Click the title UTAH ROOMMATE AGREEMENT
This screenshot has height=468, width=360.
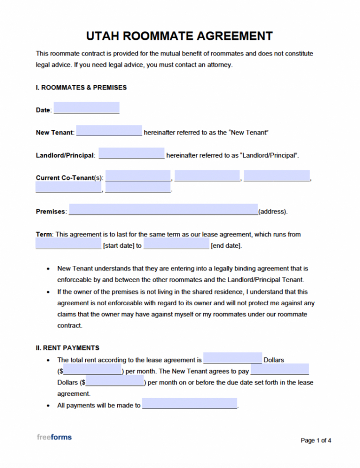[x=179, y=36]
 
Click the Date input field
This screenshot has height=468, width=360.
[x=86, y=108]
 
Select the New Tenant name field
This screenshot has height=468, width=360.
[x=109, y=131]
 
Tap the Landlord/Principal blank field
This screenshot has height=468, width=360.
[x=131, y=154]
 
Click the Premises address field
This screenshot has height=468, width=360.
[x=163, y=210]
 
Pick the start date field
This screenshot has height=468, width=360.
[x=68, y=244]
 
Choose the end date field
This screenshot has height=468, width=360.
[x=176, y=244]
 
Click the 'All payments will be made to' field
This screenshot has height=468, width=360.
[x=190, y=404]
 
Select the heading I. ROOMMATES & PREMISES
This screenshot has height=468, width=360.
[x=81, y=88]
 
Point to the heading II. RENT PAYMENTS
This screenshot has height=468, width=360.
[x=67, y=348]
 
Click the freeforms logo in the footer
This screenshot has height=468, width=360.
[x=54, y=437]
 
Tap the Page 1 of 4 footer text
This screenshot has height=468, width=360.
[x=316, y=440]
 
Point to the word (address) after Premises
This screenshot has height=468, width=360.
[x=272, y=212]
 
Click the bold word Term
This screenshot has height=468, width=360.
[x=44, y=234]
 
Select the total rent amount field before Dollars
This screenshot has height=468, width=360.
[x=232, y=358]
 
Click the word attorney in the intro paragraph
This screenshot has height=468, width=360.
[x=218, y=65]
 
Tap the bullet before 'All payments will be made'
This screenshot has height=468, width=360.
[x=48, y=406]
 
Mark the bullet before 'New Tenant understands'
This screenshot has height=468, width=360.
[x=48, y=269]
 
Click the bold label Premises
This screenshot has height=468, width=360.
[x=51, y=212]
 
